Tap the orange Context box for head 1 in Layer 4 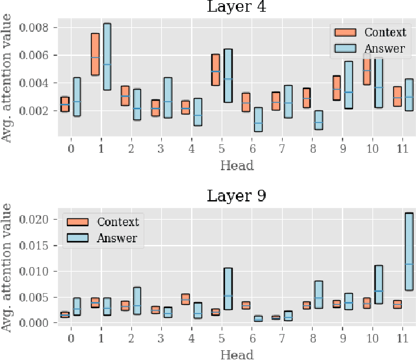pyautogui.click(x=95, y=55)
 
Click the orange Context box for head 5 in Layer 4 pyautogui.click(x=216, y=70)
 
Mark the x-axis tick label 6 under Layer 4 pyautogui.click(x=252, y=149)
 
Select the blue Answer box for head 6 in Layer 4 pyautogui.click(x=258, y=120)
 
